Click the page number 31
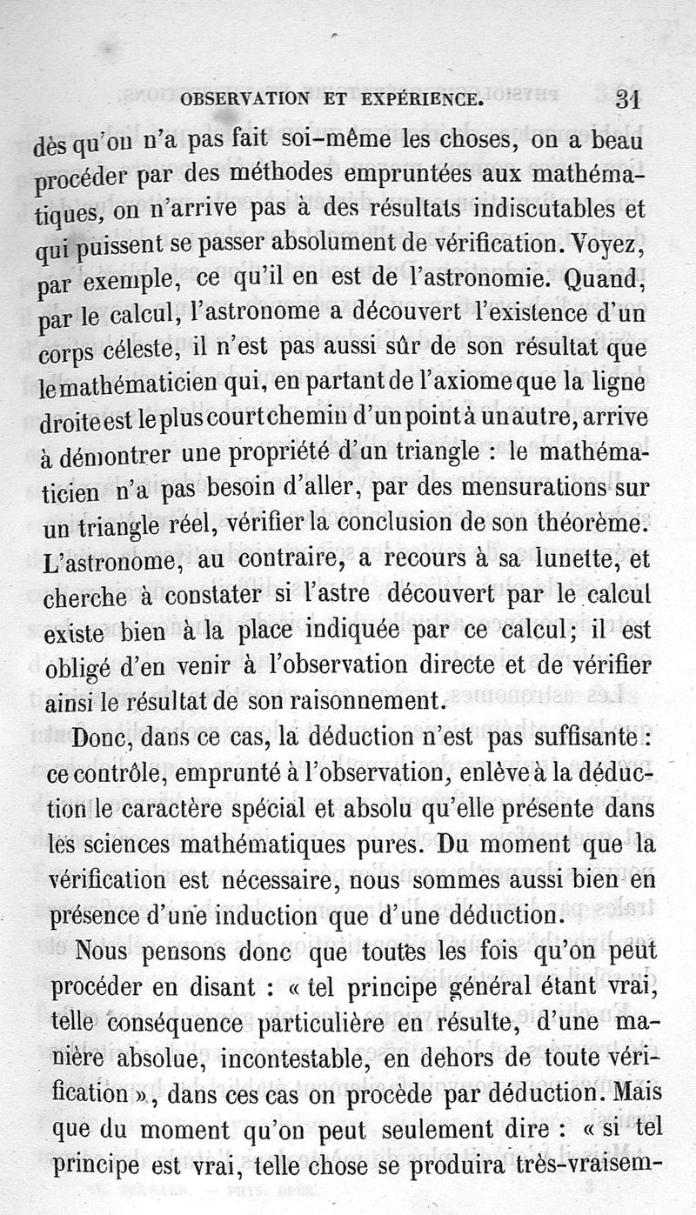pos(626,98)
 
